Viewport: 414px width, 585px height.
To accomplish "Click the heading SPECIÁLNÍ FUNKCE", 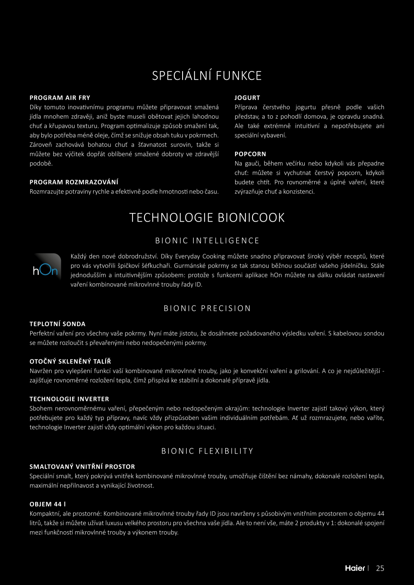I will [207, 76].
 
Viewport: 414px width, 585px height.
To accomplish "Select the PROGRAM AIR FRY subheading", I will [60, 98].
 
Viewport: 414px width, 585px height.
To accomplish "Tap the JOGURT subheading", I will [247, 98].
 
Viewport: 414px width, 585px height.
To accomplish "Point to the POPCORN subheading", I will [250, 154].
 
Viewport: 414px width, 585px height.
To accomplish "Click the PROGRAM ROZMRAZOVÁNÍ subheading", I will [74, 182].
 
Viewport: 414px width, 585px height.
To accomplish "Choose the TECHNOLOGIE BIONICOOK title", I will [207, 218].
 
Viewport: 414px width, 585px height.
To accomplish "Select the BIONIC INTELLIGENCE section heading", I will [207, 241].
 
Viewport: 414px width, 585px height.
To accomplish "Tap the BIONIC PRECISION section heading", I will [207, 308].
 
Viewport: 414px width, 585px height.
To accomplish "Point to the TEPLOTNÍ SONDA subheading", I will [57, 324].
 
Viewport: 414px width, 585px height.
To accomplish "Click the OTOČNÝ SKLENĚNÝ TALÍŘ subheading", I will [70, 362].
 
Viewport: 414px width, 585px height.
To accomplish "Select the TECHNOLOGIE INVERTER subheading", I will [69, 399].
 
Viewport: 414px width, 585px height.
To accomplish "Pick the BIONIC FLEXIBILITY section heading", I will [207, 451].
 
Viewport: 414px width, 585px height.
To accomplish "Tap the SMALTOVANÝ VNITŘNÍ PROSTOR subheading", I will [82, 467].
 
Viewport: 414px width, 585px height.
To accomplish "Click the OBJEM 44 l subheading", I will [48, 504].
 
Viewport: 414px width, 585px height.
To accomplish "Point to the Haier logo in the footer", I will [355, 568].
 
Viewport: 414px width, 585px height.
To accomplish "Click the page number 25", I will [380, 568].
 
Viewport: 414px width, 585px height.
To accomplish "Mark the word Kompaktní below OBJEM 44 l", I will [44, 514].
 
